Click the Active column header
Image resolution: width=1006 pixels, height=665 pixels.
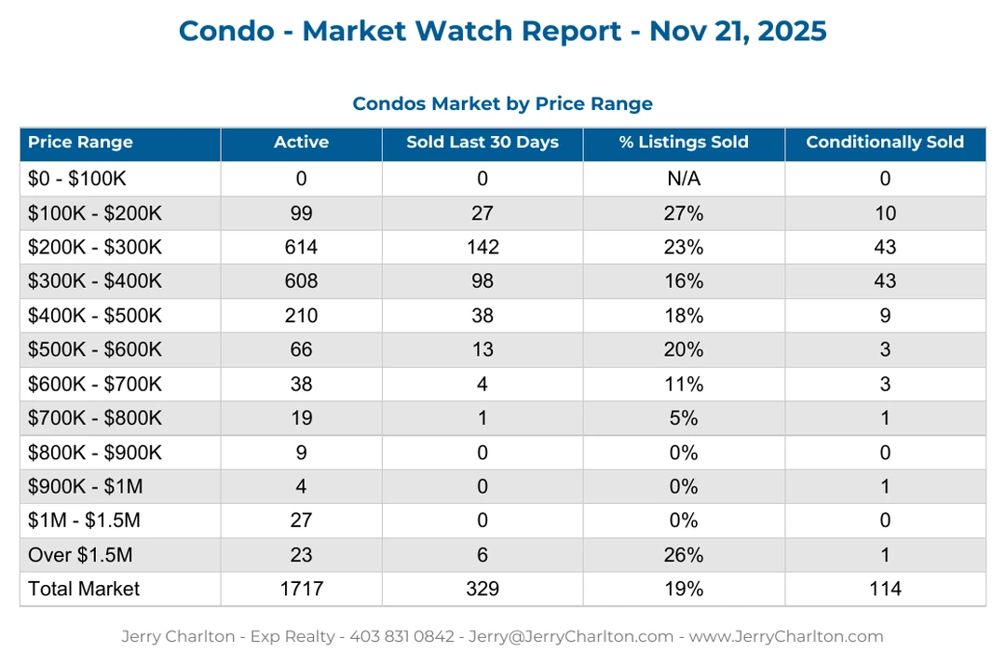pos(301,142)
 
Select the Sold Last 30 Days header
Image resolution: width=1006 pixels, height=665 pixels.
pos(483,142)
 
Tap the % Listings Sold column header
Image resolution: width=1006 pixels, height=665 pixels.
pos(684,142)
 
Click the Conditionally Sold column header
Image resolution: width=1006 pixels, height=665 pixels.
pos(885,142)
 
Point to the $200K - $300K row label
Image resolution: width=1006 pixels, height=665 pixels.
pos(95,247)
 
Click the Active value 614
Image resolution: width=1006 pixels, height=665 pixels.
pos(301,247)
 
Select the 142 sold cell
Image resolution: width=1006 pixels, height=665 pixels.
pos(483,247)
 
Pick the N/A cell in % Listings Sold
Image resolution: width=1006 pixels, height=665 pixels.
pos(684,179)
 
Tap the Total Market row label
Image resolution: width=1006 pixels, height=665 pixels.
pos(84,589)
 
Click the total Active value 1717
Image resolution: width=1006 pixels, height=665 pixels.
pos(301,589)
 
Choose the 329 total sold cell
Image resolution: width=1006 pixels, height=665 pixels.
pos(483,589)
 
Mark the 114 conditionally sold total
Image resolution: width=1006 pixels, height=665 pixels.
pos(885,589)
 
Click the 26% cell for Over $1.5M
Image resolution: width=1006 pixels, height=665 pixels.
pos(684,555)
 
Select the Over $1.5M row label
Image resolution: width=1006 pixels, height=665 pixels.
pos(80,555)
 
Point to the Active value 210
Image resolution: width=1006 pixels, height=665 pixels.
pos(301,316)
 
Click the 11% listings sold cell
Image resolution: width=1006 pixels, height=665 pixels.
pos(684,384)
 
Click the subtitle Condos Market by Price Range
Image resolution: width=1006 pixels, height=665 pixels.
pos(502,103)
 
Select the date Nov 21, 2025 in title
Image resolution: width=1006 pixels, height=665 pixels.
pos(738,31)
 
